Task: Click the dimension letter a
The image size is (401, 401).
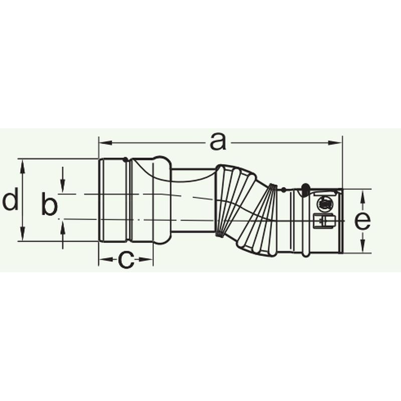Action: tap(218, 142)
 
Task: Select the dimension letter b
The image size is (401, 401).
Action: tap(49, 204)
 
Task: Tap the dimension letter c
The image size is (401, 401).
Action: tap(126, 260)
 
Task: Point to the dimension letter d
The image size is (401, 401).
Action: tap(11, 198)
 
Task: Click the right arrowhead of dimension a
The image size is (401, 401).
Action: tap(335, 143)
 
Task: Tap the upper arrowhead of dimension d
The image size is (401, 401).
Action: tap(23, 166)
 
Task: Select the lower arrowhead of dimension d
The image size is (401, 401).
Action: tap(23, 233)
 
